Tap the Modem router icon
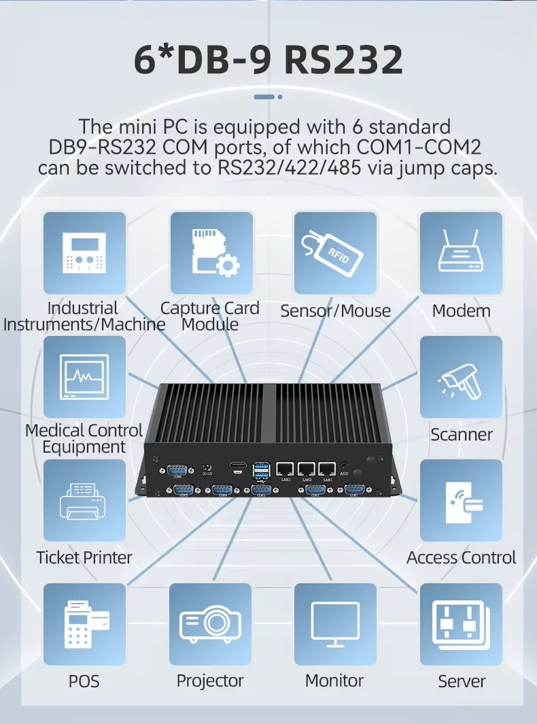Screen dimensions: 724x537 tap(461, 253)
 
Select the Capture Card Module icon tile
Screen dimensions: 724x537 tap(211, 253)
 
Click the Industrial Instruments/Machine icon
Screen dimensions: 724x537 tap(85, 253)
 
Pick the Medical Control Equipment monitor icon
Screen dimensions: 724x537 tap(85, 377)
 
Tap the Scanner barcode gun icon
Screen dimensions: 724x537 tap(461, 377)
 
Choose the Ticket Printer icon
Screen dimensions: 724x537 tap(85, 500)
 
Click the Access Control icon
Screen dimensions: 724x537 tap(461, 500)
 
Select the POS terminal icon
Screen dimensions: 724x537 tap(85, 624)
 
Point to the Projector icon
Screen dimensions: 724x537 tap(211, 624)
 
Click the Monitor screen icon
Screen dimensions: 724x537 tap(335, 624)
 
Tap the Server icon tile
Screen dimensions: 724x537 tap(461, 624)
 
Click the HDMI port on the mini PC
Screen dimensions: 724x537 tap(238, 468)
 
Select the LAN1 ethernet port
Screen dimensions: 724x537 tap(328, 468)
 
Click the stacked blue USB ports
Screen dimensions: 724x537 tap(260, 470)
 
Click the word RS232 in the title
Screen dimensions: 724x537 tap(343, 60)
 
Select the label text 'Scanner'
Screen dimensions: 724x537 tap(462, 434)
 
